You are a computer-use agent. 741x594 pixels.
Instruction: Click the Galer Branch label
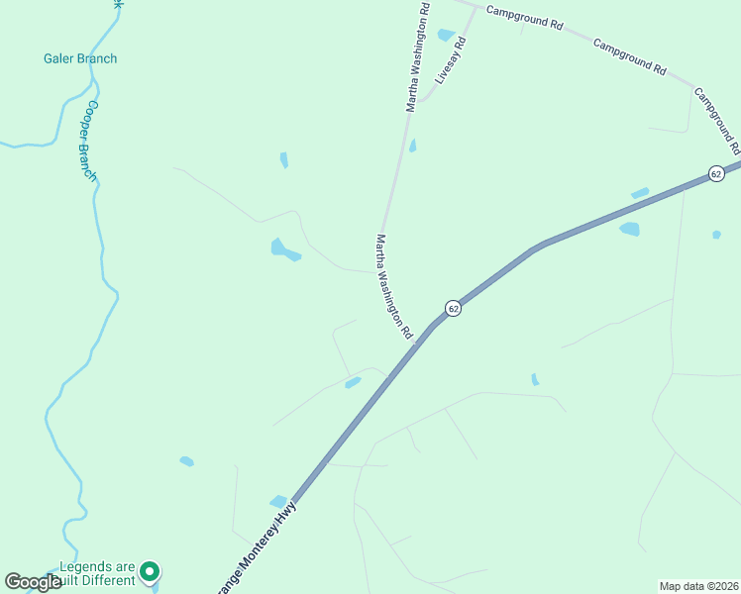(x=80, y=58)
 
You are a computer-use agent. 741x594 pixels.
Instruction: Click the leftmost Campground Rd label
(x=524, y=21)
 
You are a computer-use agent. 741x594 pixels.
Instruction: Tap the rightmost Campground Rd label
(x=717, y=117)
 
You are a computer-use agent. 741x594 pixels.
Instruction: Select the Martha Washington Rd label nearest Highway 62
(x=393, y=287)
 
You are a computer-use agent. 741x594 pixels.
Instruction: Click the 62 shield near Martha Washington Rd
(x=453, y=309)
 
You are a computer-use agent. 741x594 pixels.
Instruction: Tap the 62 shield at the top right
(x=716, y=174)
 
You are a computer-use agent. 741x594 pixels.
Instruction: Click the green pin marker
(x=150, y=571)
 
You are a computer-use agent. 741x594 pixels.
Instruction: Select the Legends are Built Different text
(x=96, y=573)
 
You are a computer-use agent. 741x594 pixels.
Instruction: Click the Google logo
(x=33, y=582)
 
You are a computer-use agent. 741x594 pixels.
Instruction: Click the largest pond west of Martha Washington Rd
(x=284, y=249)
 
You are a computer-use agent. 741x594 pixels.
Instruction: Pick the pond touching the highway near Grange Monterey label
(x=278, y=501)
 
